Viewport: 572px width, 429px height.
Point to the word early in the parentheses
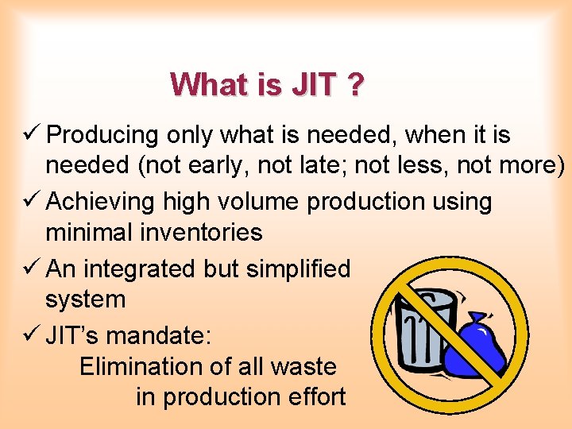point(213,167)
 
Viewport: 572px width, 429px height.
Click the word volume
point(261,202)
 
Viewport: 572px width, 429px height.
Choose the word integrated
point(141,269)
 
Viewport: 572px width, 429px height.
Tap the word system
point(85,300)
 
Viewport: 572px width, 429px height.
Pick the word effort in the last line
point(315,396)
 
